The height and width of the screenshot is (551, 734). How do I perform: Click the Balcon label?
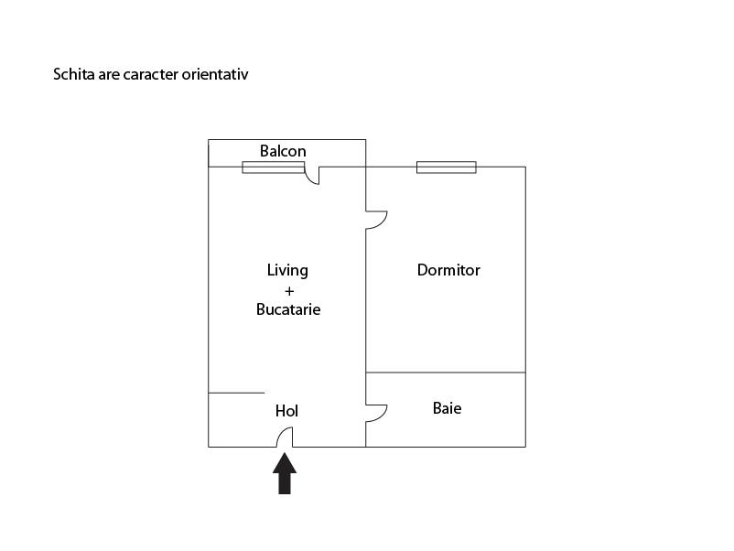click(283, 151)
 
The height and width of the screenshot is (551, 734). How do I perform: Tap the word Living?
click(287, 271)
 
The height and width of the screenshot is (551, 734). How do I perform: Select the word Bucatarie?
click(288, 309)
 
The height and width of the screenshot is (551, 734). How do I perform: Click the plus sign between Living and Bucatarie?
click(289, 291)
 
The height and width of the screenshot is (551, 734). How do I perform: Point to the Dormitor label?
click(448, 270)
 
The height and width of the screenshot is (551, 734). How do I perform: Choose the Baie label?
click(447, 408)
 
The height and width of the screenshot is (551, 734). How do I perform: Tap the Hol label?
click(286, 411)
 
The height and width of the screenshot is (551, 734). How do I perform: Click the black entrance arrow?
click(285, 473)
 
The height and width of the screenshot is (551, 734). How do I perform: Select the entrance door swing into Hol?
click(285, 438)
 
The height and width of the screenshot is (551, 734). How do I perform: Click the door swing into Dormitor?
click(376, 220)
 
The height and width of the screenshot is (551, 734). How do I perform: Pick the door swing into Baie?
click(376, 413)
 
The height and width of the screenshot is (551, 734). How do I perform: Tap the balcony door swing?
click(312, 175)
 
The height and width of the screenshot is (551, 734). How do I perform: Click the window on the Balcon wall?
click(274, 167)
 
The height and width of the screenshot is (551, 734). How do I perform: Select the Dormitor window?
click(447, 167)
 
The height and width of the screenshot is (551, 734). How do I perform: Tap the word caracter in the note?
click(151, 75)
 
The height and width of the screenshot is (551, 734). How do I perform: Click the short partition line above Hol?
click(236, 393)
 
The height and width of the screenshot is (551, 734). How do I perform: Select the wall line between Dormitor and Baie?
click(446, 373)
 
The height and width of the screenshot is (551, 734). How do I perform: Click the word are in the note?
click(109, 75)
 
